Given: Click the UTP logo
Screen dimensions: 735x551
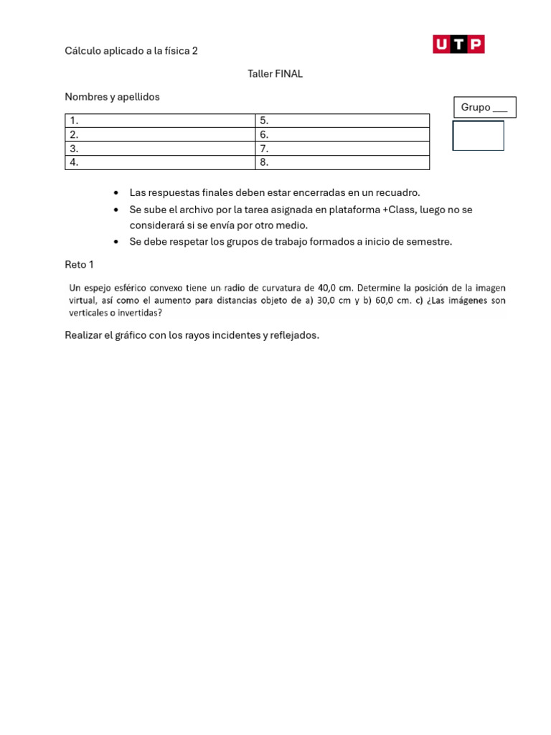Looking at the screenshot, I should [x=458, y=45].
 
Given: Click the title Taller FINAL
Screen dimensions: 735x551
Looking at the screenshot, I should [x=275, y=74].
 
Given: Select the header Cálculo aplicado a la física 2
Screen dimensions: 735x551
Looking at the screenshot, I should [x=131, y=51].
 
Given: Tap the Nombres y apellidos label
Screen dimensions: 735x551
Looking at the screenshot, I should [x=112, y=97].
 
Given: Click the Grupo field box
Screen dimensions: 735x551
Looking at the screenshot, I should [x=484, y=108].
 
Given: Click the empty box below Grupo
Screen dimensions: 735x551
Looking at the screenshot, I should [x=478, y=136].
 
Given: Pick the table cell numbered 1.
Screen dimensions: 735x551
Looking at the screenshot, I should [x=160, y=121].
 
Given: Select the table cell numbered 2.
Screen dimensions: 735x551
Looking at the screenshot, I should [x=160, y=134].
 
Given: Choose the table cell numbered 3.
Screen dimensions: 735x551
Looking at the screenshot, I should [x=160, y=149].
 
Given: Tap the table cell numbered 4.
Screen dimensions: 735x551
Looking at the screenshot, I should [x=160, y=162].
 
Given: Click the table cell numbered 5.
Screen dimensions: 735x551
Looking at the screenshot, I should [x=342, y=121].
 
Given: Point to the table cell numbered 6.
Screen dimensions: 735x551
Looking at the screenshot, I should [x=342, y=134].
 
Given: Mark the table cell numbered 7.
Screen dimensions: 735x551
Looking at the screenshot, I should [x=342, y=149].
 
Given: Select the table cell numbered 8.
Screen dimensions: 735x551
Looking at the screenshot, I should [x=342, y=162].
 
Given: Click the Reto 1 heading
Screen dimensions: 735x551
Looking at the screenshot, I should [x=79, y=265].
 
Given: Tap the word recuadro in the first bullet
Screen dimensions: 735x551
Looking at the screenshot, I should [x=397, y=193].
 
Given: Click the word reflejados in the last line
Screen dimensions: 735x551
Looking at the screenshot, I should [x=293, y=335].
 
